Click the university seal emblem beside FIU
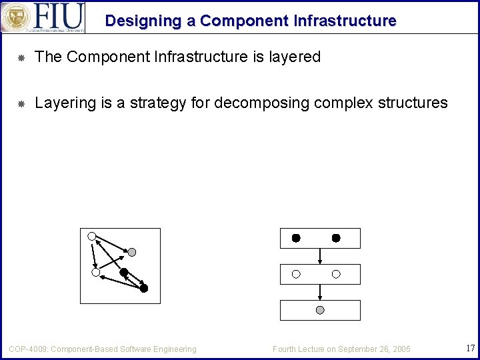coord(15,17)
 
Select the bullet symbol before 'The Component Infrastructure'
coord(21,58)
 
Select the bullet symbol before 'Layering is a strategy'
coord(21,103)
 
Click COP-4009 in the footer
coord(27,349)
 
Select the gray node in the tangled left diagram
coord(132,252)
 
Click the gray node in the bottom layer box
coord(320,311)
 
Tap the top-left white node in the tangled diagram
coord(92,235)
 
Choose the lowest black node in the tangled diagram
coord(144,289)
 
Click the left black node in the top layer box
coord(296,238)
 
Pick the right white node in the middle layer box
coord(336,274)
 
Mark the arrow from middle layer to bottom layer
coord(320,292)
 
